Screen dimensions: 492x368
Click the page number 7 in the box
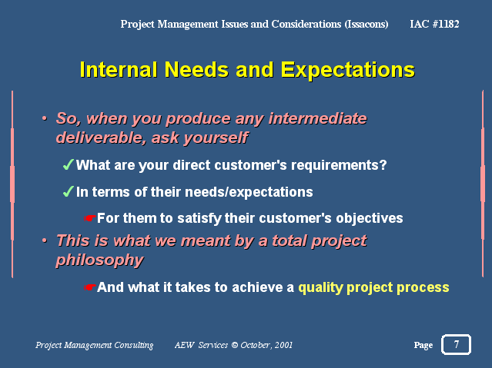(x=457, y=344)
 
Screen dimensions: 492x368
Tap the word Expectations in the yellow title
(x=348, y=70)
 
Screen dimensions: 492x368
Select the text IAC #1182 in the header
(x=434, y=24)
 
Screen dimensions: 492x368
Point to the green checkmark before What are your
(x=68, y=164)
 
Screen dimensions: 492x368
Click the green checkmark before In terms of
(x=68, y=191)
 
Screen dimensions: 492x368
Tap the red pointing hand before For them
(x=90, y=218)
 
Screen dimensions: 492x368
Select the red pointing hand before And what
(x=90, y=287)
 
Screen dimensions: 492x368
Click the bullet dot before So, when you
(x=45, y=118)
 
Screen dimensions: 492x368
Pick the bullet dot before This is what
(x=45, y=240)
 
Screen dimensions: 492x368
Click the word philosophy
(x=100, y=260)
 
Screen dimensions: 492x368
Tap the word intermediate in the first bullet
(x=317, y=118)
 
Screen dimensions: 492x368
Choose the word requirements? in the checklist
(x=339, y=165)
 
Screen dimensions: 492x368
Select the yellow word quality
(x=320, y=288)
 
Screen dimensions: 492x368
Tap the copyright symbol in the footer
(x=235, y=345)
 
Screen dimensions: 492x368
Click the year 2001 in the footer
(x=283, y=345)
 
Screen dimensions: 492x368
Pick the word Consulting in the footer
(x=134, y=345)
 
